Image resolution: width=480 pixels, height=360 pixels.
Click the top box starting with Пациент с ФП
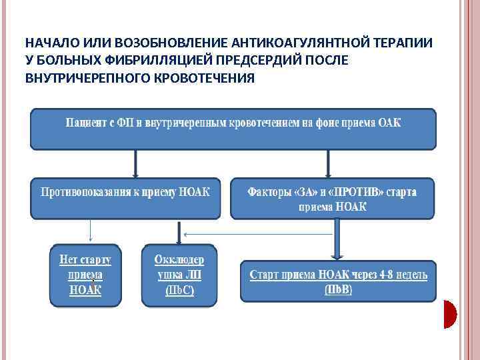coord(233,129)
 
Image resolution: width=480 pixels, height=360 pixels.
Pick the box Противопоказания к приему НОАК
coord(125,197)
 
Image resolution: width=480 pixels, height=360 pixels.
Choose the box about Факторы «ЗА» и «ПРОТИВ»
coord(333,197)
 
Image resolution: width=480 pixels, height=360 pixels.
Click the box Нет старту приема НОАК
coord(85,275)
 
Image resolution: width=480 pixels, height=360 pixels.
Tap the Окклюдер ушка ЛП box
coord(179,275)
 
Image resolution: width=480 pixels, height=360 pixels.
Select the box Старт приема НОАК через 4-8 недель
coord(338,280)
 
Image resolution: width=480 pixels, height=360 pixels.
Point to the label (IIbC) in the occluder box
coord(179,291)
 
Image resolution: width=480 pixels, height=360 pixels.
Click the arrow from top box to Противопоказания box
coord(135,162)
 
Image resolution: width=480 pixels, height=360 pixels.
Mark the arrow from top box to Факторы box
coord(328,162)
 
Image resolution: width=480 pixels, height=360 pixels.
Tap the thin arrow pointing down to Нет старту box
coord(90,231)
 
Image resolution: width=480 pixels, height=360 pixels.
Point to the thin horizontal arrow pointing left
coord(260,234)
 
